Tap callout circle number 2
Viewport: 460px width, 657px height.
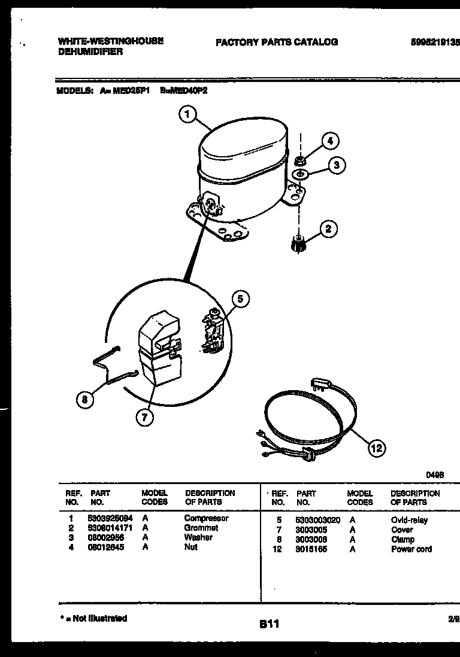tap(328, 229)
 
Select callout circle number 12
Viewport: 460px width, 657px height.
tap(377, 448)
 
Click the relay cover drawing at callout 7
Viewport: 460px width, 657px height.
tap(158, 353)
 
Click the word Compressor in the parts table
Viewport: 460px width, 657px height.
tap(206, 518)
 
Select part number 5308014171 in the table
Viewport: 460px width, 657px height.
tap(111, 528)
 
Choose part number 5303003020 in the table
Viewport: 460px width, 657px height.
tap(317, 520)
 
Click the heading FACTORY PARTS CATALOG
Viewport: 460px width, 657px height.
tap(276, 42)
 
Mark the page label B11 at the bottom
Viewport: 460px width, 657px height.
tap(269, 624)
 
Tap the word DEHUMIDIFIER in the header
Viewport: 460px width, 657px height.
tap(90, 52)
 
